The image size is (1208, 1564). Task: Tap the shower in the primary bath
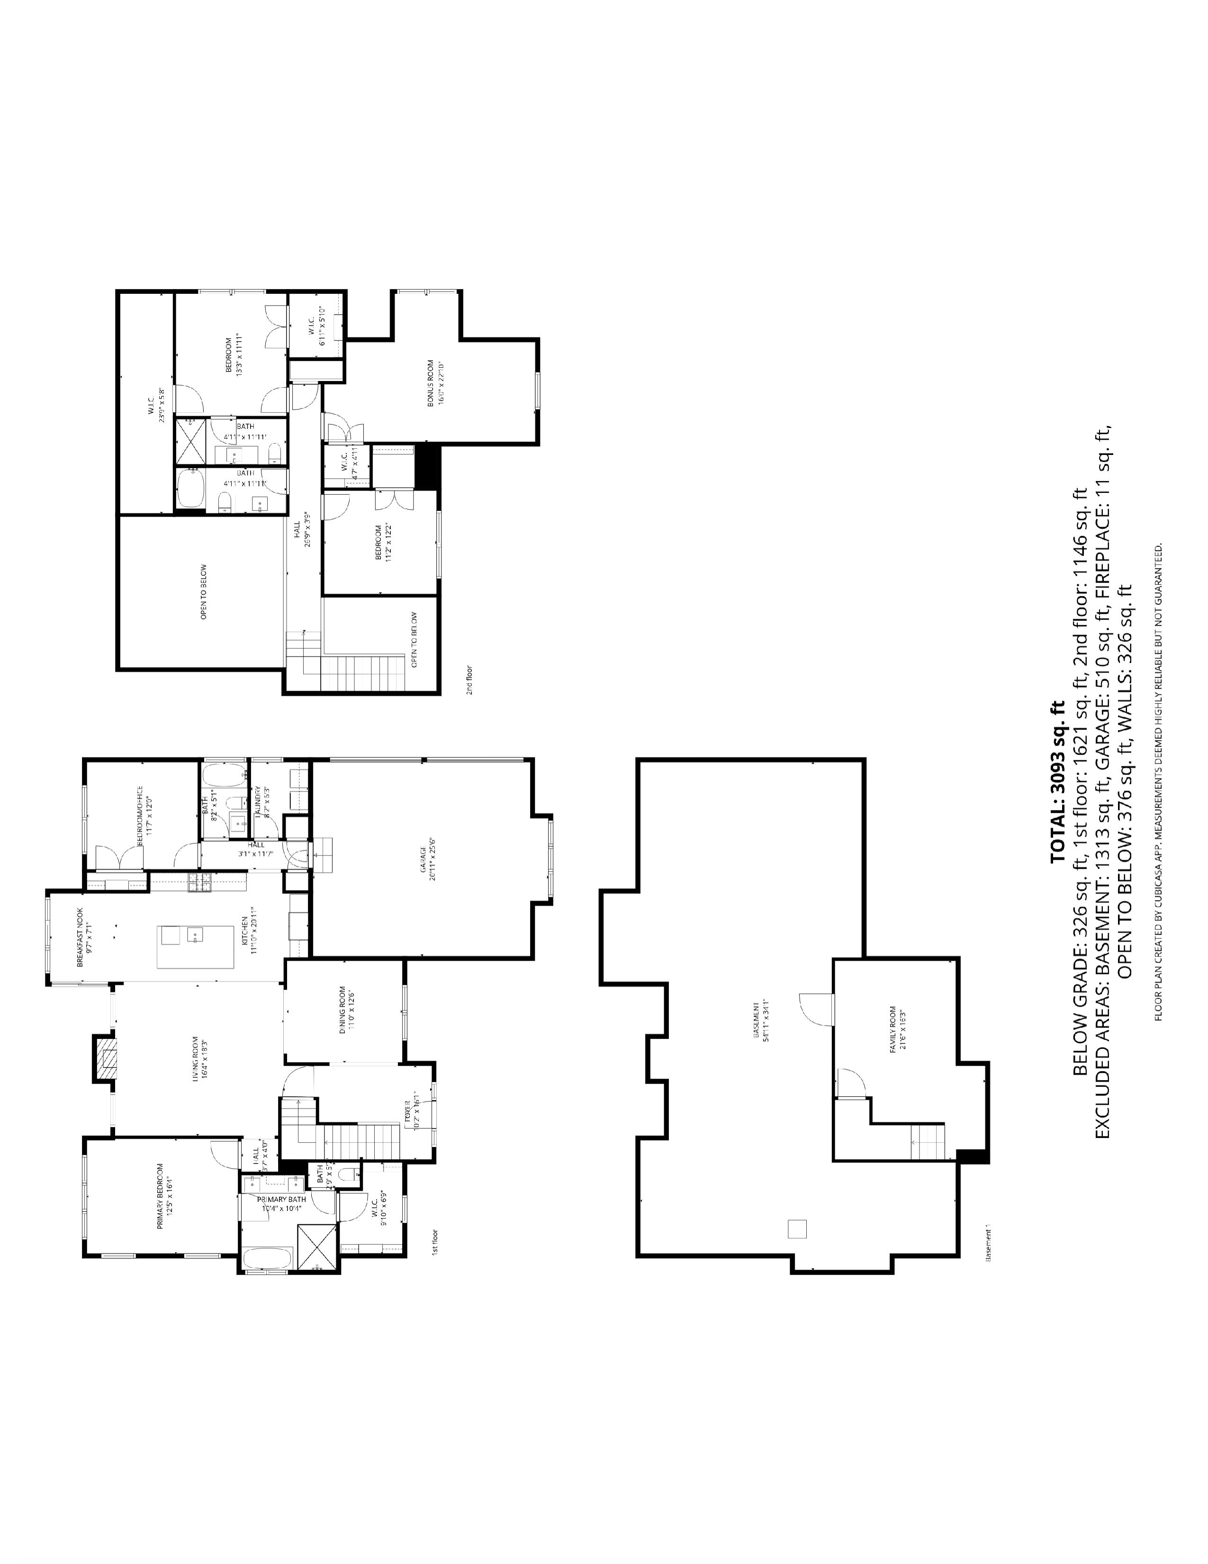click(x=317, y=1246)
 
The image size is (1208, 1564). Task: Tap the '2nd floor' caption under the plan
click(x=469, y=680)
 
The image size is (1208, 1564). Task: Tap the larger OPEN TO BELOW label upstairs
click(x=204, y=591)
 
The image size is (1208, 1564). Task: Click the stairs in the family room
click(x=928, y=1142)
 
